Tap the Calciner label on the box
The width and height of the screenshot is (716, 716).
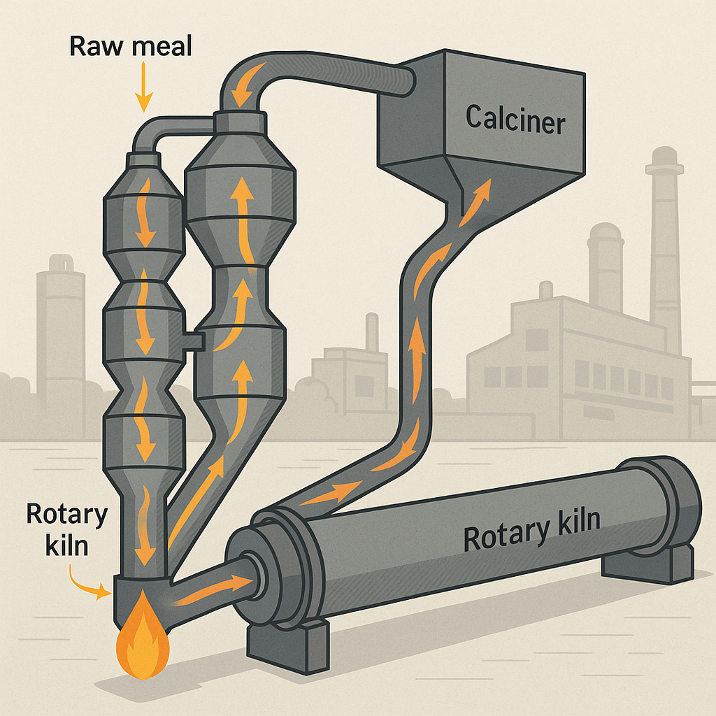(x=515, y=120)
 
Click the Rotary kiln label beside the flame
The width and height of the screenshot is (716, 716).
(x=67, y=529)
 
